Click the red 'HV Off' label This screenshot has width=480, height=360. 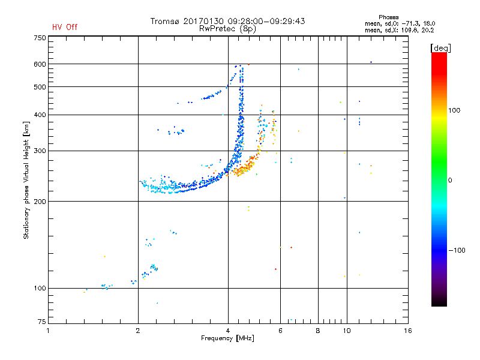(x=64, y=27)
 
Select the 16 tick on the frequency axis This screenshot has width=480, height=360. (x=407, y=331)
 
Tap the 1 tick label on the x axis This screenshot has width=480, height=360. (x=49, y=331)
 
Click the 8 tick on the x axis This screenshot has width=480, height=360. (x=318, y=331)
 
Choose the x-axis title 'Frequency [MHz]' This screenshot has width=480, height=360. (x=228, y=338)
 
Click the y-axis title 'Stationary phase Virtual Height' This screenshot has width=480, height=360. (x=26, y=180)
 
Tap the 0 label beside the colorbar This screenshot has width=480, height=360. (x=451, y=180)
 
